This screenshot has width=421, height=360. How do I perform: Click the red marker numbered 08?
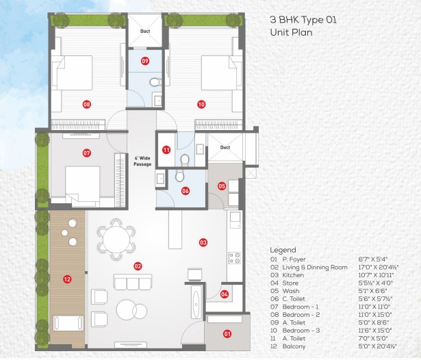87,104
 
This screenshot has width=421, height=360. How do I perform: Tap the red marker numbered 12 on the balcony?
67,279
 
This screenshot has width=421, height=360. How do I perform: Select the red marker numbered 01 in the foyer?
227,334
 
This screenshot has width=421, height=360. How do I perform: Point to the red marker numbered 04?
225,294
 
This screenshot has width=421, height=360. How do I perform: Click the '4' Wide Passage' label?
142,161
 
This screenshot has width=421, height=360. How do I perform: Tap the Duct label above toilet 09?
145,31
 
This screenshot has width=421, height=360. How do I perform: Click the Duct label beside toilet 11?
225,147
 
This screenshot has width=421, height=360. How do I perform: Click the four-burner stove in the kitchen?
234,258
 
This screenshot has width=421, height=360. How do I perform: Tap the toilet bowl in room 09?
155,82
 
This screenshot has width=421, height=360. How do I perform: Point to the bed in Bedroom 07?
83,186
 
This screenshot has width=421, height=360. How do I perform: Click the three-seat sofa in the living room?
133,282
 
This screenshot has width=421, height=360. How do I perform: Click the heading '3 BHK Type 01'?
303,20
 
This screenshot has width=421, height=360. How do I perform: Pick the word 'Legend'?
283,250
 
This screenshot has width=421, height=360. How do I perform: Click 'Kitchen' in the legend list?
293,275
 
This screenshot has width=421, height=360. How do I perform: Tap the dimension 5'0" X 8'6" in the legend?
374,322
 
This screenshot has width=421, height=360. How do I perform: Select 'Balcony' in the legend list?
294,346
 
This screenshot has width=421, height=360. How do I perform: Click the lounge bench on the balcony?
68,323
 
